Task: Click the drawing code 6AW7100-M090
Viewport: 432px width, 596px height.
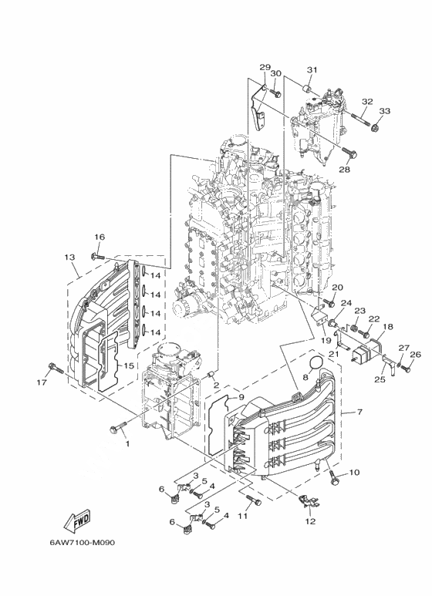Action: point(82,542)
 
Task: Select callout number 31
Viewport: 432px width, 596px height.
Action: point(312,69)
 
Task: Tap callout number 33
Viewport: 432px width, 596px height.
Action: point(385,111)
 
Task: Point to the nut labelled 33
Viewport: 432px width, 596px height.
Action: point(376,127)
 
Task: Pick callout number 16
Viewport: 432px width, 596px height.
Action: point(100,237)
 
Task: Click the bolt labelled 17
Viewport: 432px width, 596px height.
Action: point(55,368)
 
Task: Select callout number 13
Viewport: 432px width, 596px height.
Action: point(69,258)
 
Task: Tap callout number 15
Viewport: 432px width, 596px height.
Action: point(129,365)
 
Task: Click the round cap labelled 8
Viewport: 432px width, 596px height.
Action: point(316,364)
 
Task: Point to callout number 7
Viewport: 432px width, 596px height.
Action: point(359,412)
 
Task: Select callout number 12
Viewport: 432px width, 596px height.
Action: point(311,521)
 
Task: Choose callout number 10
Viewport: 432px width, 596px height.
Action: point(354,473)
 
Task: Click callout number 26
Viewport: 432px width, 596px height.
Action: point(416,355)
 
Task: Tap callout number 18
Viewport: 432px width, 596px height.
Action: point(388,326)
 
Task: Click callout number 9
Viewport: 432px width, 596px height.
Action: point(241,397)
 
